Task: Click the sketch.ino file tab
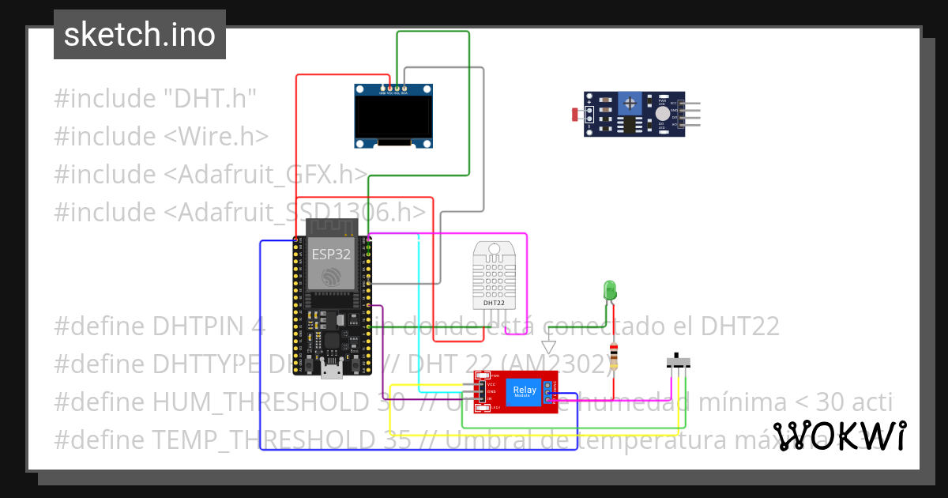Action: pos(139,35)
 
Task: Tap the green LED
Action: pos(609,290)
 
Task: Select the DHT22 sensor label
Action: pos(494,303)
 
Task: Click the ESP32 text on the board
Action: pos(330,254)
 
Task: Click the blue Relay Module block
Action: pos(525,391)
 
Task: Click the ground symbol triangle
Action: pos(549,347)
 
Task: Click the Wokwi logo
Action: pos(839,436)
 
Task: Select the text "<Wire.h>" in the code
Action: pos(216,136)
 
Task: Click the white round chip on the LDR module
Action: pos(662,114)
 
